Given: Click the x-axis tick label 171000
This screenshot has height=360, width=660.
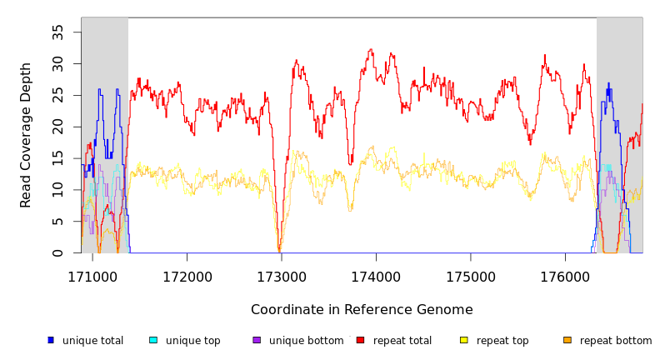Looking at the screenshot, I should coord(92,275).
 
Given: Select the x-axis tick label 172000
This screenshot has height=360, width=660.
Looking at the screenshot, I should coord(187,275).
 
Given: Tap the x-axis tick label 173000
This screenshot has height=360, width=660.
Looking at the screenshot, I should coord(282,275).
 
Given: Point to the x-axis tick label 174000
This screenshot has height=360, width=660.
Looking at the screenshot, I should coord(376,275).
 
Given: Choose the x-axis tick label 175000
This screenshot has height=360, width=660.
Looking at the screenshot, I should coord(471,275).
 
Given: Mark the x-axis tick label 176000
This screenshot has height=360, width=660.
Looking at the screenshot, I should coord(565,275).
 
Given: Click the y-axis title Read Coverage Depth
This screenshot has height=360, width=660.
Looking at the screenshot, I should coord(27,135).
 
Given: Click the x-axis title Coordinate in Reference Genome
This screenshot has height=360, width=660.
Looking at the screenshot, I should coord(362,310).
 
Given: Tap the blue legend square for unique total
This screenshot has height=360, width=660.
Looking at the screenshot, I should coord(51,340).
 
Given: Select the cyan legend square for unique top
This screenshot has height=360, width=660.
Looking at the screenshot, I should coord(153,340).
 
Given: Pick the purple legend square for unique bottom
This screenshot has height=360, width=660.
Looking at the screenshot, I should coord(257,340).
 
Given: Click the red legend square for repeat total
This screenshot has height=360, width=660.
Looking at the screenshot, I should coord(360,340).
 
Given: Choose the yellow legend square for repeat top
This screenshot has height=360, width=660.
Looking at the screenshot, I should coord(464,340).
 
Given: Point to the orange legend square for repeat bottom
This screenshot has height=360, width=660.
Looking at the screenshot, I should coord(567,340).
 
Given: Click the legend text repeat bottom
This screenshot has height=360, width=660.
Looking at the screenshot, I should coord(616,341).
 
